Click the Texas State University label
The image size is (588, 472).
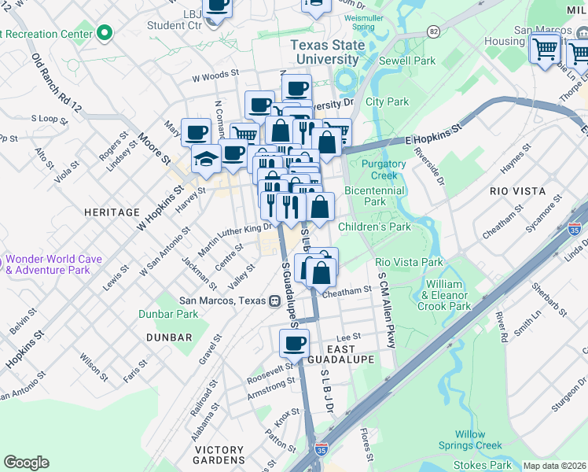(328, 52)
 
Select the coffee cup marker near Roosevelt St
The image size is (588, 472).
(295, 343)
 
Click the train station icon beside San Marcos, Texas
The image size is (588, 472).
(275, 300)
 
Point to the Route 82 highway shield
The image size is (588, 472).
(434, 31)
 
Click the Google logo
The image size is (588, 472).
(26, 463)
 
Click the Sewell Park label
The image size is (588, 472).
(406, 61)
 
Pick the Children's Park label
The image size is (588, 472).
(374, 227)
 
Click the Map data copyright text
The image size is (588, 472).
(554, 466)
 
